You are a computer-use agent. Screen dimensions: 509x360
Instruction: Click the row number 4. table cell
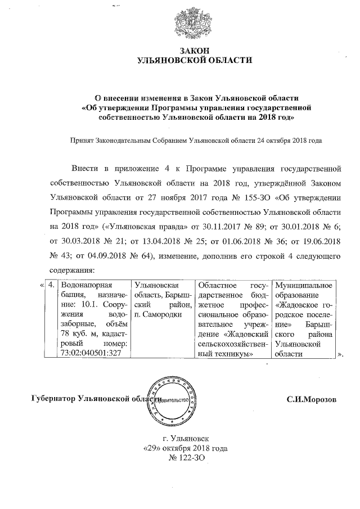coord(51,286)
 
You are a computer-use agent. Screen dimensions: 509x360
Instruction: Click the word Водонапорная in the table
coord(84,286)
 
